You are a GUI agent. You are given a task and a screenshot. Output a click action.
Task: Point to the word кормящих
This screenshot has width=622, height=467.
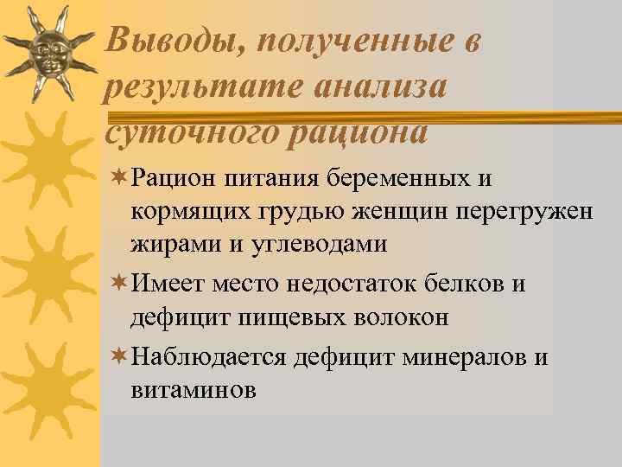[x=182, y=212]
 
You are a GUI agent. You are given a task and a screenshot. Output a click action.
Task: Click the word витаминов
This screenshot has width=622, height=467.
[x=194, y=390]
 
